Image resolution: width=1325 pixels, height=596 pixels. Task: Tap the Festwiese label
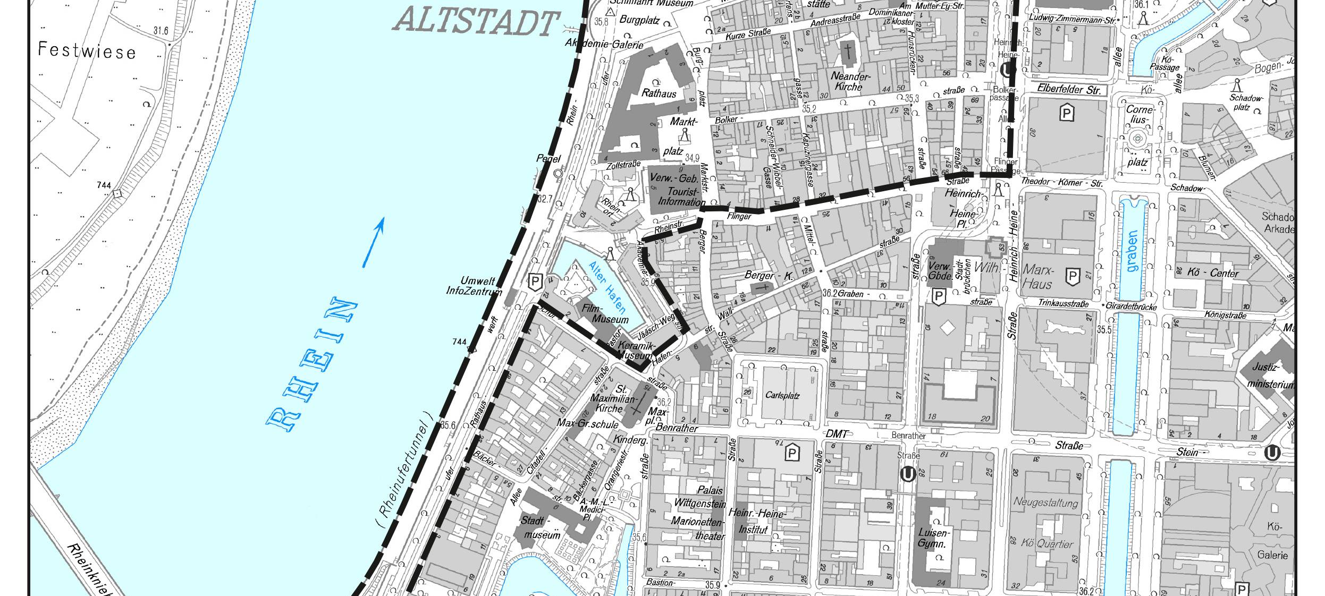click(87, 51)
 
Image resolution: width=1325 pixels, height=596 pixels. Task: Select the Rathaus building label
click(659, 93)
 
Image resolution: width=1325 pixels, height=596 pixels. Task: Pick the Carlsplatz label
click(782, 395)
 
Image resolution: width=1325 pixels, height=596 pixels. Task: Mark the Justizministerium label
click(1271, 375)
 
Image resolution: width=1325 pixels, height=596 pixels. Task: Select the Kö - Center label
click(1212, 273)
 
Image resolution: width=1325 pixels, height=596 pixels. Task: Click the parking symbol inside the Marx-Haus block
click(1073, 276)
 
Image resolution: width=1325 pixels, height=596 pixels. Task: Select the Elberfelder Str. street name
click(1069, 89)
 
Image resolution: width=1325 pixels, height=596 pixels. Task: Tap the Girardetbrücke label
click(1130, 306)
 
